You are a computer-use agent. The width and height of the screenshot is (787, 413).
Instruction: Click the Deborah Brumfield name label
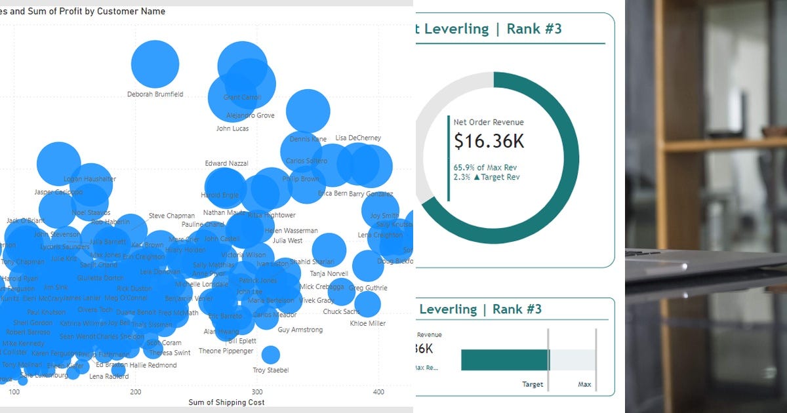pos(155,94)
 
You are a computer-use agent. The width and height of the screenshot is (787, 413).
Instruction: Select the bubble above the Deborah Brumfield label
pos(155,64)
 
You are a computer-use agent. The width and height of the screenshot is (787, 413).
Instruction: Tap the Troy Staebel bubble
pos(270,355)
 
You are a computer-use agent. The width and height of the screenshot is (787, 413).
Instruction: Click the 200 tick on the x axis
pos(136,392)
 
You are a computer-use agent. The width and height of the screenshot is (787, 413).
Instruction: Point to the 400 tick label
pos(378,392)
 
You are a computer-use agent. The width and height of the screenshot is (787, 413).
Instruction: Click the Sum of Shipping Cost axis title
pos(226,402)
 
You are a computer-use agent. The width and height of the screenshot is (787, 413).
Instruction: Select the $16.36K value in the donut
pos(489,141)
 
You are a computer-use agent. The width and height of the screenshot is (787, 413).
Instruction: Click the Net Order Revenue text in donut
pos(489,123)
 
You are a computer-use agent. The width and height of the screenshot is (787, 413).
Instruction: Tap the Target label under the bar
pos(533,385)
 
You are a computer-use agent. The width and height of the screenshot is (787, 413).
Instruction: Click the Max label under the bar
pos(584,385)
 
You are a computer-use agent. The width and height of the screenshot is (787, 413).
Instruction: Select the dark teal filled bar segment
pos(504,360)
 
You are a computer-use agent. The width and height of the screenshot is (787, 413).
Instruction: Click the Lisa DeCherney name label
pos(358,138)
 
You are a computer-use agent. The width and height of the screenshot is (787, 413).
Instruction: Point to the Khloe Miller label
pos(368,323)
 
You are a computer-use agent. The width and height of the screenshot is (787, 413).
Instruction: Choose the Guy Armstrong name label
pos(300,330)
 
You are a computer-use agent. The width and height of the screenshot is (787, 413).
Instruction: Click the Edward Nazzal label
pos(226,163)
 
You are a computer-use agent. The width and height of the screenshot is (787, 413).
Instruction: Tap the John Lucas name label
pos(233,128)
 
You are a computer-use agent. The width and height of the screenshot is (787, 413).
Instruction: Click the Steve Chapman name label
pos(172,216)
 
